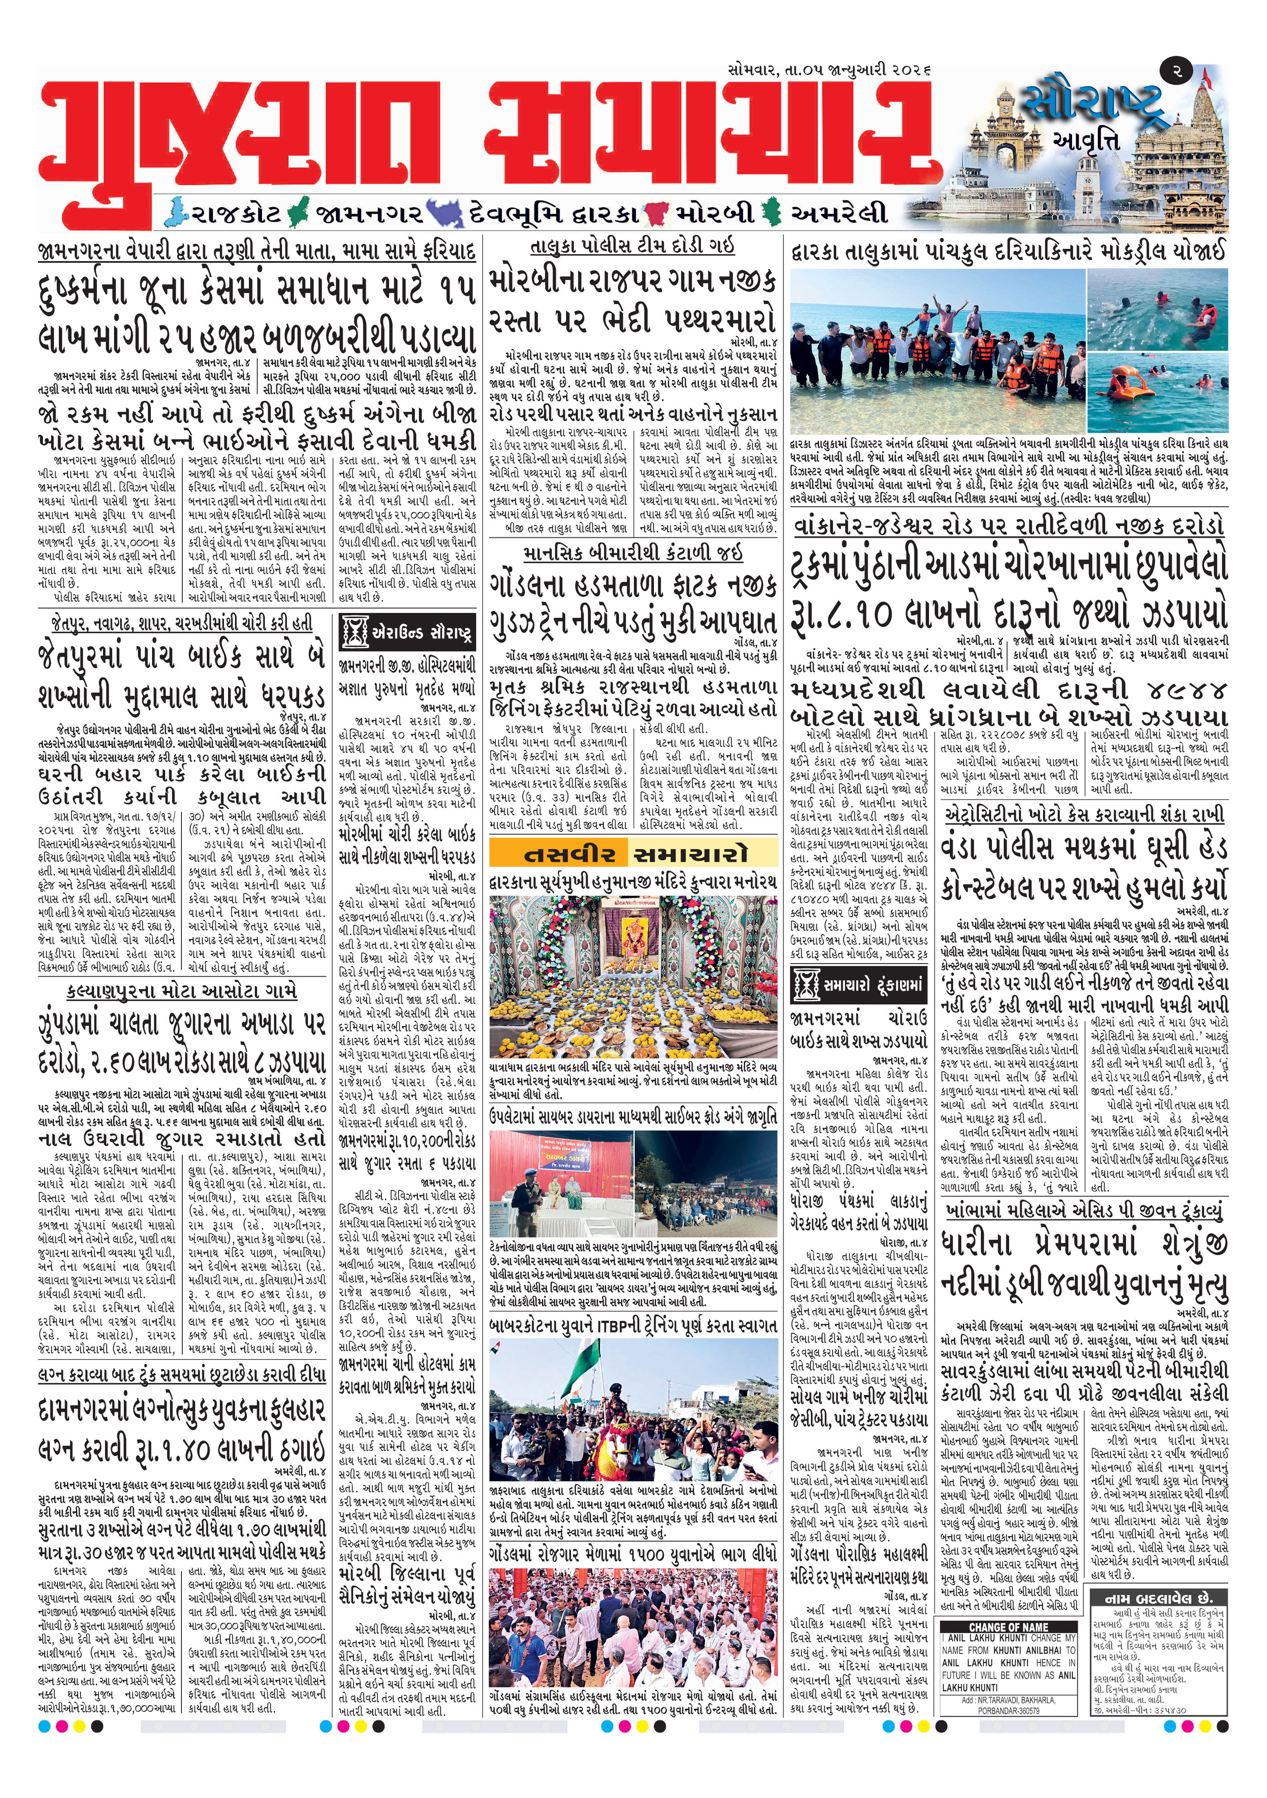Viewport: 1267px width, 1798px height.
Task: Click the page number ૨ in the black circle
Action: point(1177,71)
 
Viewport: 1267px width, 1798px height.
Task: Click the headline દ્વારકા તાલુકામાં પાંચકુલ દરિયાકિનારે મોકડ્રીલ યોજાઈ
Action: point(1009,252)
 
